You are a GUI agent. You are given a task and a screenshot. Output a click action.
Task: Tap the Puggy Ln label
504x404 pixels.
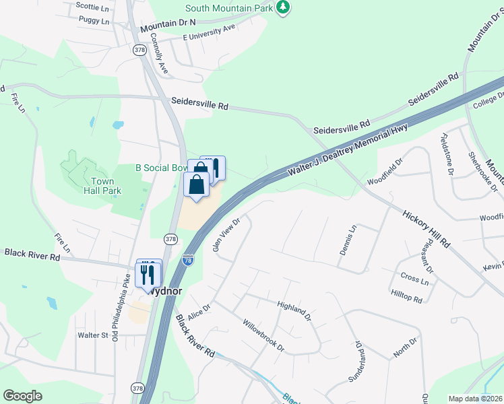pyautogui.click(x=94, y=21)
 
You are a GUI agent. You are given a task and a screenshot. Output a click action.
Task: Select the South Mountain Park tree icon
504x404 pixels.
pyautogui.click(x=284, y=8)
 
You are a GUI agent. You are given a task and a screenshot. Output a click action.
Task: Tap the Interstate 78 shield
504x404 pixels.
pyautogui.click(x=189, y=259)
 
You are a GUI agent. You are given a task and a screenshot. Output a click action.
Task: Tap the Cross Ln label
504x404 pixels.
pyautogui.click(x=414, y=279)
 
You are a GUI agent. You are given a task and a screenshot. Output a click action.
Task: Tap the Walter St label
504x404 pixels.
pyautogui.click(x=93, y=335)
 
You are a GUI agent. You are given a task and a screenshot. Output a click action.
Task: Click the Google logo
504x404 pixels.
pyautogui.click(x=23, y=396)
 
